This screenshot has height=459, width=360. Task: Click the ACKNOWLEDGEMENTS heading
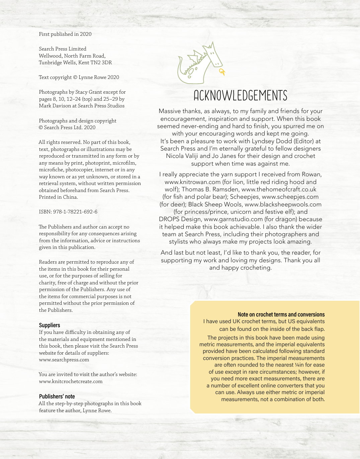pos(240,96)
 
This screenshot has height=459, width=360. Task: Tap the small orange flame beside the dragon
pos(222,72)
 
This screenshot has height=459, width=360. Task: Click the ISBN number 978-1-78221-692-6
pos(75,212)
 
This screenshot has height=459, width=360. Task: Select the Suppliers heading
pos(50,325)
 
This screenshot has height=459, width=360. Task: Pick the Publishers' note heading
pos(57,396)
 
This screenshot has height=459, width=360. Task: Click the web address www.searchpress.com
pos(64,360)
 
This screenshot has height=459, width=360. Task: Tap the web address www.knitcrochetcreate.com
pos(71,381)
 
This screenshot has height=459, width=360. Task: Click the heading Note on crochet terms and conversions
pos(281,314)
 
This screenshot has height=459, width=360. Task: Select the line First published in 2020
pos(65,34)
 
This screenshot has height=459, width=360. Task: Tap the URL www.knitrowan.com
pos(192,182)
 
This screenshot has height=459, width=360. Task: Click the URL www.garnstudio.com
pos(233,219)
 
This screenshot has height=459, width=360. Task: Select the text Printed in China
pos(58,197)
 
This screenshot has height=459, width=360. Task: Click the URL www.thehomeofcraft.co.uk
pos(279,189)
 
